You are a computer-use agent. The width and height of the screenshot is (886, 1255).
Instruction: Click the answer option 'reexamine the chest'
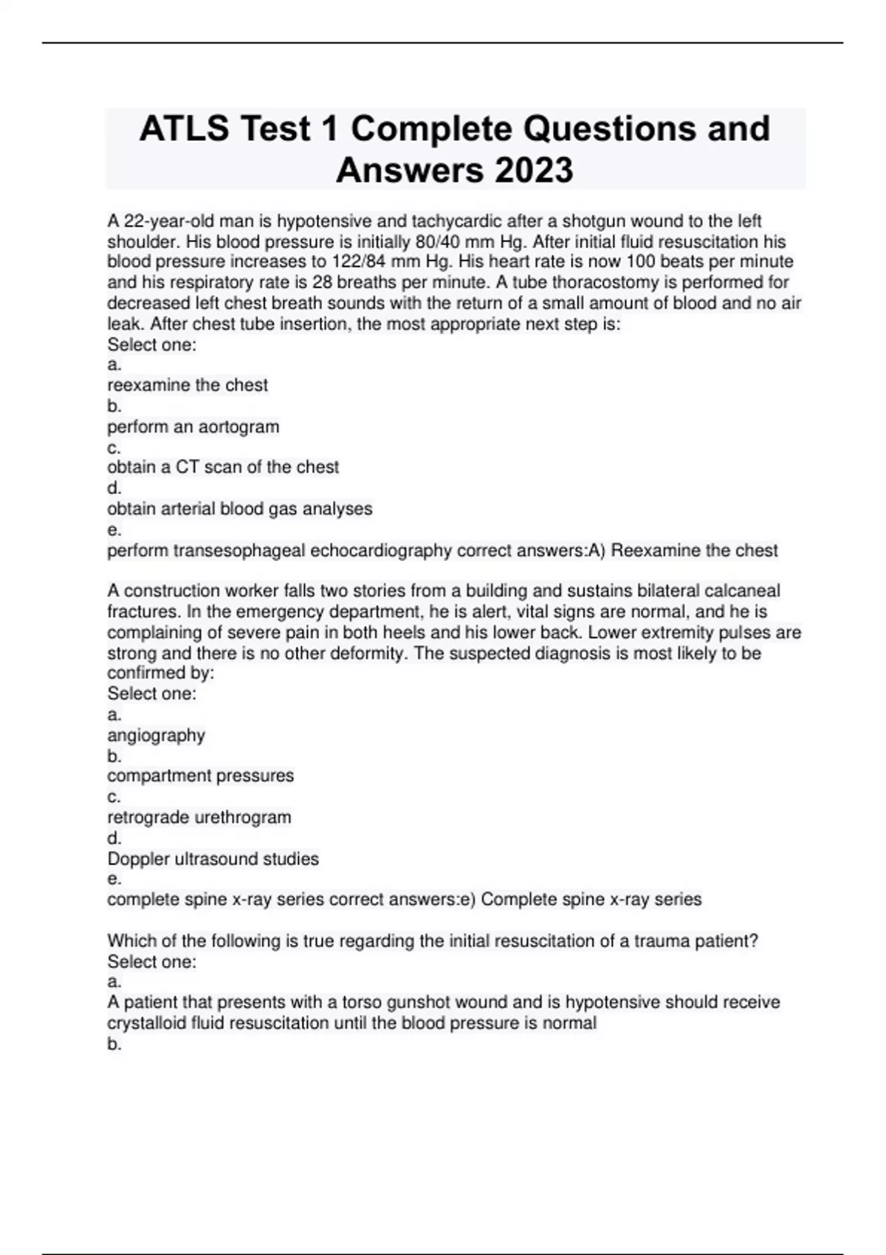[188, 385]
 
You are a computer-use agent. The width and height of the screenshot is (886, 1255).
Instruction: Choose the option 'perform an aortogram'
[193, 427]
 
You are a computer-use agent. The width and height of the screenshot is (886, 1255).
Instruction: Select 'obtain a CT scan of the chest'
[223, 467]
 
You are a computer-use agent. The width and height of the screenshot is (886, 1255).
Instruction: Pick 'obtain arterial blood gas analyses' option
[239, 509]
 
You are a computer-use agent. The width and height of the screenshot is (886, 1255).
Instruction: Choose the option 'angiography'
[156, 735]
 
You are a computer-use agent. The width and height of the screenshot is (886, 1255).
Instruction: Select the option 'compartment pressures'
[200, 776]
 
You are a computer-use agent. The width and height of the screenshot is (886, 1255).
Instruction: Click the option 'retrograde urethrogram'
[199, 817]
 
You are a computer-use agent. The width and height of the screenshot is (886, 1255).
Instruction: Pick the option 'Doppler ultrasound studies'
[213, 859]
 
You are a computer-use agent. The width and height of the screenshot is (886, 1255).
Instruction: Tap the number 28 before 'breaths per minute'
[323, 283]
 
